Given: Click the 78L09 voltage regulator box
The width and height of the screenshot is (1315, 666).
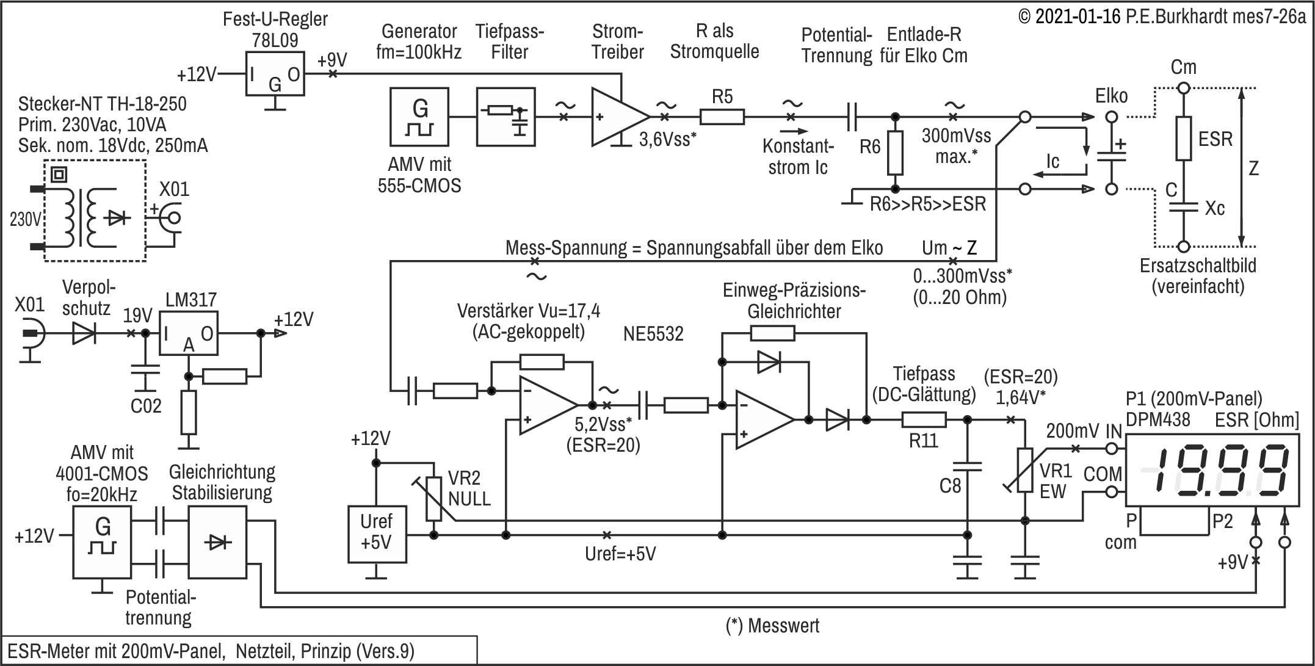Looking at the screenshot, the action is (275, 74).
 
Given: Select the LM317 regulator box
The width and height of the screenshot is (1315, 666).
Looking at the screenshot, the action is (189, 333).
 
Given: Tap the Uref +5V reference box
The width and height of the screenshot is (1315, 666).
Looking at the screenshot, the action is (377, 534).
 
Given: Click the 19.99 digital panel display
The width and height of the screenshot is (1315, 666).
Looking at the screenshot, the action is (1212, 470).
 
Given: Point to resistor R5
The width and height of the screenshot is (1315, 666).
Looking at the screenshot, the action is (722, 117).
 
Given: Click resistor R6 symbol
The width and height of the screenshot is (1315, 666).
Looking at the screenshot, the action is (895, 153).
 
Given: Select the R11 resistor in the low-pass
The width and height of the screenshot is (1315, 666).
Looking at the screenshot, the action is (924, 419).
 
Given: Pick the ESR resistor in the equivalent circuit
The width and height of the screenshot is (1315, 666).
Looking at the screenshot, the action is (1184, 139).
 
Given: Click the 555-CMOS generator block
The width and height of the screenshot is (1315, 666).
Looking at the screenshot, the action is (419, 117).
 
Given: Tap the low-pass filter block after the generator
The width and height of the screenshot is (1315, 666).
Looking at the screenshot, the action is (505, 117).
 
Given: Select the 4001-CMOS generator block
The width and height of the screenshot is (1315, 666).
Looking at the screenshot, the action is (102, 535).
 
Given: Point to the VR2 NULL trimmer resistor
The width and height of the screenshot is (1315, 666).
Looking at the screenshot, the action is (433, 499).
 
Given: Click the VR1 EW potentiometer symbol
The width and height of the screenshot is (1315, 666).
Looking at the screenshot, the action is (1024, 470).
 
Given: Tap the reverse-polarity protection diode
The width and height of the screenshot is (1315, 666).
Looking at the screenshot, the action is (84, 333).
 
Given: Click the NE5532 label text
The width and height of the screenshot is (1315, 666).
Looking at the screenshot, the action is (653, 334).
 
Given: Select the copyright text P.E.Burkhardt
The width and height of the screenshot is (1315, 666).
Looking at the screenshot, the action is (1187, 16).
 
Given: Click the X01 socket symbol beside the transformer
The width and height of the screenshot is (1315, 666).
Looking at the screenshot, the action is (169, 218).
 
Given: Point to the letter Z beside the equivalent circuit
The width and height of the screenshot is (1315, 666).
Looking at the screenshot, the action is (1253, 168).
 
